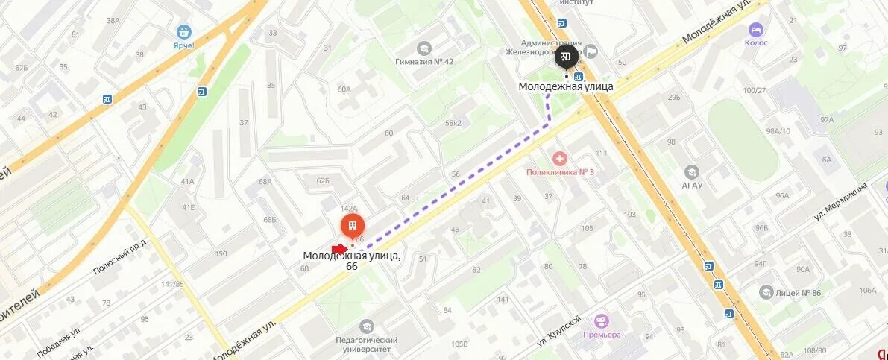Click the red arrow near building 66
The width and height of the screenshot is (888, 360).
pyautogui.click(x=339, y=248)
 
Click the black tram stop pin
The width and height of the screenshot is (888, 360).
pyautogui.click(x=567, y=57)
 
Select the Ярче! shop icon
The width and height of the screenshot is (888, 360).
pyautogui.click(x=183, y=32)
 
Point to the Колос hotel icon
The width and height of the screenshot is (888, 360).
pyautogui.click(x=755, y=30)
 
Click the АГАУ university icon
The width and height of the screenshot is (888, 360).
pyautogui.click(x=691, y=172)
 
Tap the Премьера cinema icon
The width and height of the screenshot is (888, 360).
pyautogui.click(x=602, y=320)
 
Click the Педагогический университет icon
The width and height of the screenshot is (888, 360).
pyautogui.click(x=366, y=326)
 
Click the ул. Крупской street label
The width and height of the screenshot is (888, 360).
pyautogui.click(x=559, y=332)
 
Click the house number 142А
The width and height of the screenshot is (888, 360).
pyautogui.click(x=349, y=209)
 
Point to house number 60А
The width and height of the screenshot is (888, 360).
pyautogui.click(x=344, y=89)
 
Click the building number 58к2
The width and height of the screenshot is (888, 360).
pyautogui.click(x=453, y=123)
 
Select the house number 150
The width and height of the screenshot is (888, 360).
pyautogui.click(x=221, y=253)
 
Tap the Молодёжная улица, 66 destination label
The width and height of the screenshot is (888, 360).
pyautogui.click(x=351, y=261)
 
